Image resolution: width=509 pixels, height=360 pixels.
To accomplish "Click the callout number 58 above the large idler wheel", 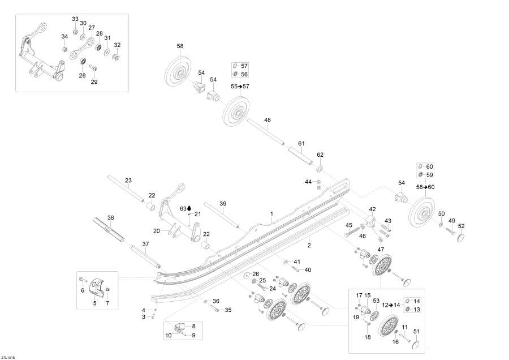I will pyautogui.click(x=180, y=46).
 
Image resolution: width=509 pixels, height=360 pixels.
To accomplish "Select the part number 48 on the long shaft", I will pyautogui.click(x=268, y=119).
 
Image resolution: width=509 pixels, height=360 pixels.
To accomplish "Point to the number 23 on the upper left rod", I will pyautogui.click(x=128, y=181).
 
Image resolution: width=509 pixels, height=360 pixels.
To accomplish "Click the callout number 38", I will pyautogui.click(x=111, y=218).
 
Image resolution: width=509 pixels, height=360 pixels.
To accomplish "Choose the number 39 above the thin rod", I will pyautogui.click(x=223, y=203).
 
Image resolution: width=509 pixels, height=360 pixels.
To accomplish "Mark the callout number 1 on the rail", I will pyautogui.click(x=271, y=214).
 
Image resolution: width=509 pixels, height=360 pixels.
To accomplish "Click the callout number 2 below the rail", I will pyautogui.click(x=309, y=245).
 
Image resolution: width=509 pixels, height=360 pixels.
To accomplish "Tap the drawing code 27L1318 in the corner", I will pyautogui.click(x=8, y=357).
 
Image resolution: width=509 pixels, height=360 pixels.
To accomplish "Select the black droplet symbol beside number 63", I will pyautogui.click(x=189, y=208).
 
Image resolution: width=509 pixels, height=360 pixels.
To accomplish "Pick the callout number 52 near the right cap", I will pyautogui.click(x=461, y=226).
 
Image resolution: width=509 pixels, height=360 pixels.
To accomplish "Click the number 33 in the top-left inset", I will pyautogui.click(x=75, y=19).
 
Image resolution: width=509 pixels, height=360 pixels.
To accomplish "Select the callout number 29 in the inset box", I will pyautogui.click(x=94, y=82).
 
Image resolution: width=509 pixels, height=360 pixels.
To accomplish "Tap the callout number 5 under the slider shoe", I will pyautogui.click(x=94, y=303).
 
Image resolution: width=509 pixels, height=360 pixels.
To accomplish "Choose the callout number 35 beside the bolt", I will pyautogui.click(x=228, y=310).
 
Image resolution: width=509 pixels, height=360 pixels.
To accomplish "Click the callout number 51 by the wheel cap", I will pyautogui.click(x=417, y=332).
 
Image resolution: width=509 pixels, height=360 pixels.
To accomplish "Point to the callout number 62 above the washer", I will pyautogui.click(x=320, y=155).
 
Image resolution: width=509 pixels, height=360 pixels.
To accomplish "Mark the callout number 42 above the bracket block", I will pyautogui.click(x=373, y=209).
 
